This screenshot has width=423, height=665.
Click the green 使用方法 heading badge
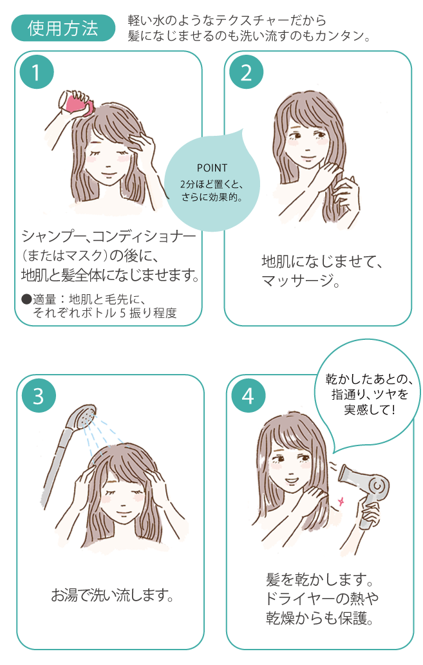click(x=63, y=28)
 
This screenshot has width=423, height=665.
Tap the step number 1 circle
click(x=37, y=72)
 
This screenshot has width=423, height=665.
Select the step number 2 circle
click(x=246, y=72)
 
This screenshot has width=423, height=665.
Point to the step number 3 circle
click(x=39, y=396)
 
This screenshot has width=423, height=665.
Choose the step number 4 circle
click(x=249, y=396)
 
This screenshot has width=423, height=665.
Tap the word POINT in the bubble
click(x=212, y=168)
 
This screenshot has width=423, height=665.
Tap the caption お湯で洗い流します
click(x=112, y=595)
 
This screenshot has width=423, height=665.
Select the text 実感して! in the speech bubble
click(x=369, y=409)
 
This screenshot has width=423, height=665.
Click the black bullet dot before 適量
click(x=26, y=299)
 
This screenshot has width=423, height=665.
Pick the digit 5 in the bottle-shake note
click(x=123, y=314)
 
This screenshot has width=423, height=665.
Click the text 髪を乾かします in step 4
click(x=319, y=579)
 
